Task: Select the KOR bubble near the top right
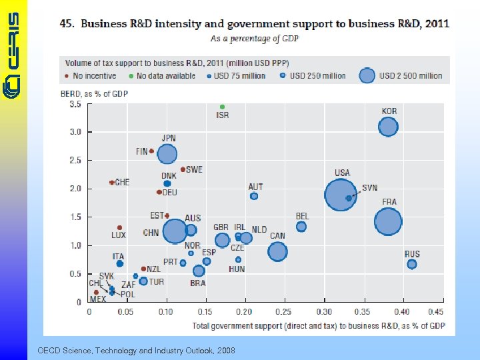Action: [x=388, y=126]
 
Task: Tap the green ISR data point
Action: [x=223, y=107]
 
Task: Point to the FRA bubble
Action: [x=388, y=221]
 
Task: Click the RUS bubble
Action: [x=412, y=264]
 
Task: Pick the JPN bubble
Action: [x=167, y=154]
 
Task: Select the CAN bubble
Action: [x=277, y=251]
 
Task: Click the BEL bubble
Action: [x=301, y=227]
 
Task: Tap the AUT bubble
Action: [x=254, y=196]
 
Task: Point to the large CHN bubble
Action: [x=175, y=231]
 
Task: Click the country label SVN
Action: [x=369, y=188]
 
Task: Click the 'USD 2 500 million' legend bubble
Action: [x=367, y=75]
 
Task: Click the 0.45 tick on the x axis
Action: [x=435, y=312]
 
